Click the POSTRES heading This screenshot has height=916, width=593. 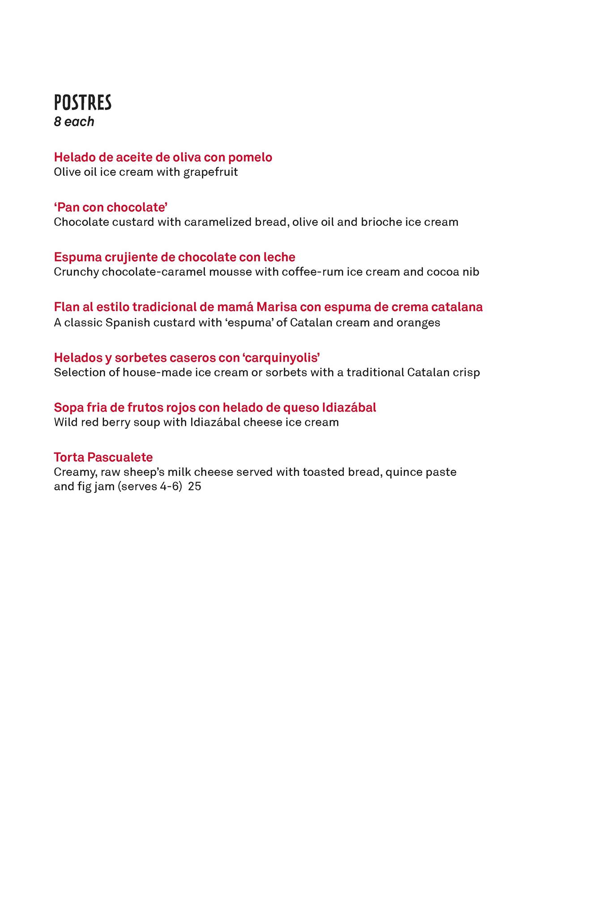point(83,103)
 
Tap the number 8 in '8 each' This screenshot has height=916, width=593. point(57,122)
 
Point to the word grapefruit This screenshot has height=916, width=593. point(210,172)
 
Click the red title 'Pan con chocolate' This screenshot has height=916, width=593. point(111,208)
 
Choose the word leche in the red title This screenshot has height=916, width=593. point(278,257)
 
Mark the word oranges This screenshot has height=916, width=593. point(418,322)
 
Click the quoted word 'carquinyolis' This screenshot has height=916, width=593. point(282,358)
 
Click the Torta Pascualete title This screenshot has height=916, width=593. point(103,457)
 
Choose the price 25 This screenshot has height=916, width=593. point(195,487)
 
